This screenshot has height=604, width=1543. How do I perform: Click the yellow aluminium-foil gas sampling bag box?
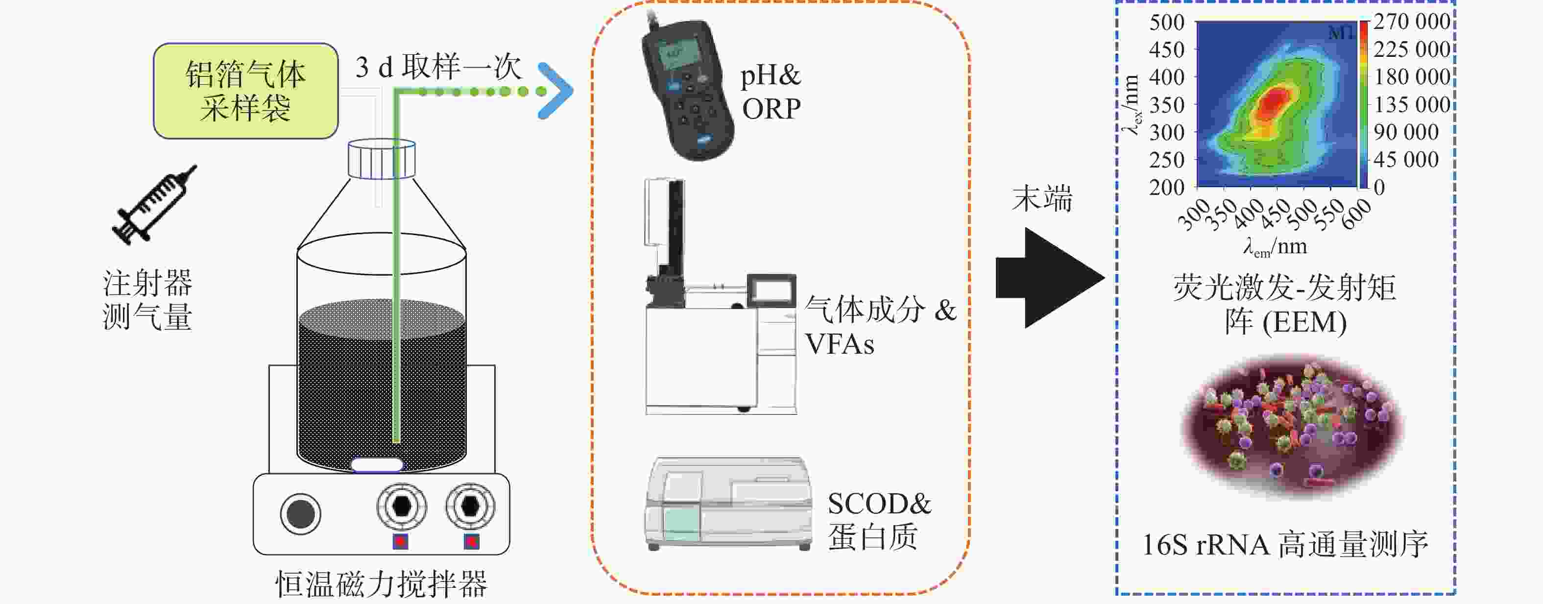pyautogui.click(x=245, y=91)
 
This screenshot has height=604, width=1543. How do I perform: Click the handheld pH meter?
pyautogui.click(x=687, y=90)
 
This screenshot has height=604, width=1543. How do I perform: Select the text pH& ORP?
pyautogui.click(x=771, y=92)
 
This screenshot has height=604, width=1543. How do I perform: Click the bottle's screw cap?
pyautogui.click(x=382, y=159)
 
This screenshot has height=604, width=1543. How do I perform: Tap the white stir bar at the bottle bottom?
pyautogui.click(x=377, y=465)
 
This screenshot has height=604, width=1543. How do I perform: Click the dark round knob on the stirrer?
pyautogui.click(x=300, y=513)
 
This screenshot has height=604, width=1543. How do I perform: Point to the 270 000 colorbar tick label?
pyautogui.click(x=1412, y=22)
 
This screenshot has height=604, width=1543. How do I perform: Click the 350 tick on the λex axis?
pyautogui.click(x=1166, y=105)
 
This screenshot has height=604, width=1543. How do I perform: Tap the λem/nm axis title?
pyautogui.click(x=1275, y=246)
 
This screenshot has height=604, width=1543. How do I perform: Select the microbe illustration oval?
pyautogui.click(x=1292, y=427)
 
